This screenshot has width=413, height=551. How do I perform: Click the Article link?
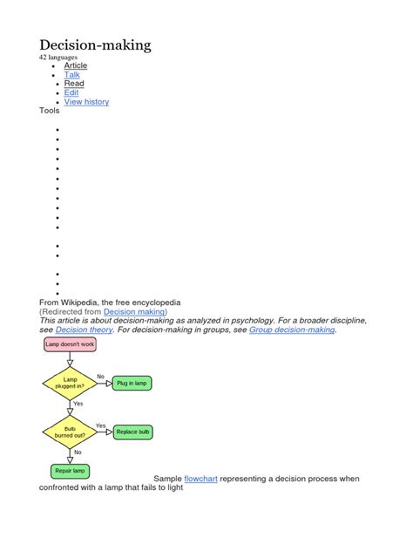point(76,65)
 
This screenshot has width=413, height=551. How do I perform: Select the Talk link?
point(71,75)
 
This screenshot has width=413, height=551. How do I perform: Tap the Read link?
point(74,84)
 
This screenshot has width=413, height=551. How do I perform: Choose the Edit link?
point(71,92)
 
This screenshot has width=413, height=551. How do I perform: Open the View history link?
point(86,102)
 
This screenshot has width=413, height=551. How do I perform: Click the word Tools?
point(50,111)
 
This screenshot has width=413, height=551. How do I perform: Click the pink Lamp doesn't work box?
point(70,344)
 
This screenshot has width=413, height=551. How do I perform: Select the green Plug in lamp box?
point(132,383)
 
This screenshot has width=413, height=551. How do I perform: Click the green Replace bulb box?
point(132,432)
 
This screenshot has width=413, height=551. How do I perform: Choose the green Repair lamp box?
point(70,471)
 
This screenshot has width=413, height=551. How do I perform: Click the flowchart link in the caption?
point(200,479)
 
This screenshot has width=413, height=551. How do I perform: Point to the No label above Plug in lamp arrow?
point(100,377)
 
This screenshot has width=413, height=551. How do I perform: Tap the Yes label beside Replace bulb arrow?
point(100,425)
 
